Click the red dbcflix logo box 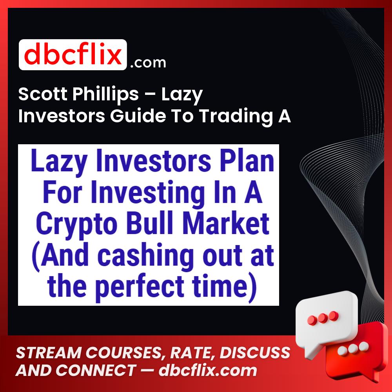[73, 55]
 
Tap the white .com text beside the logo [148, 62]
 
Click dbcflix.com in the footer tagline [208, 370]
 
